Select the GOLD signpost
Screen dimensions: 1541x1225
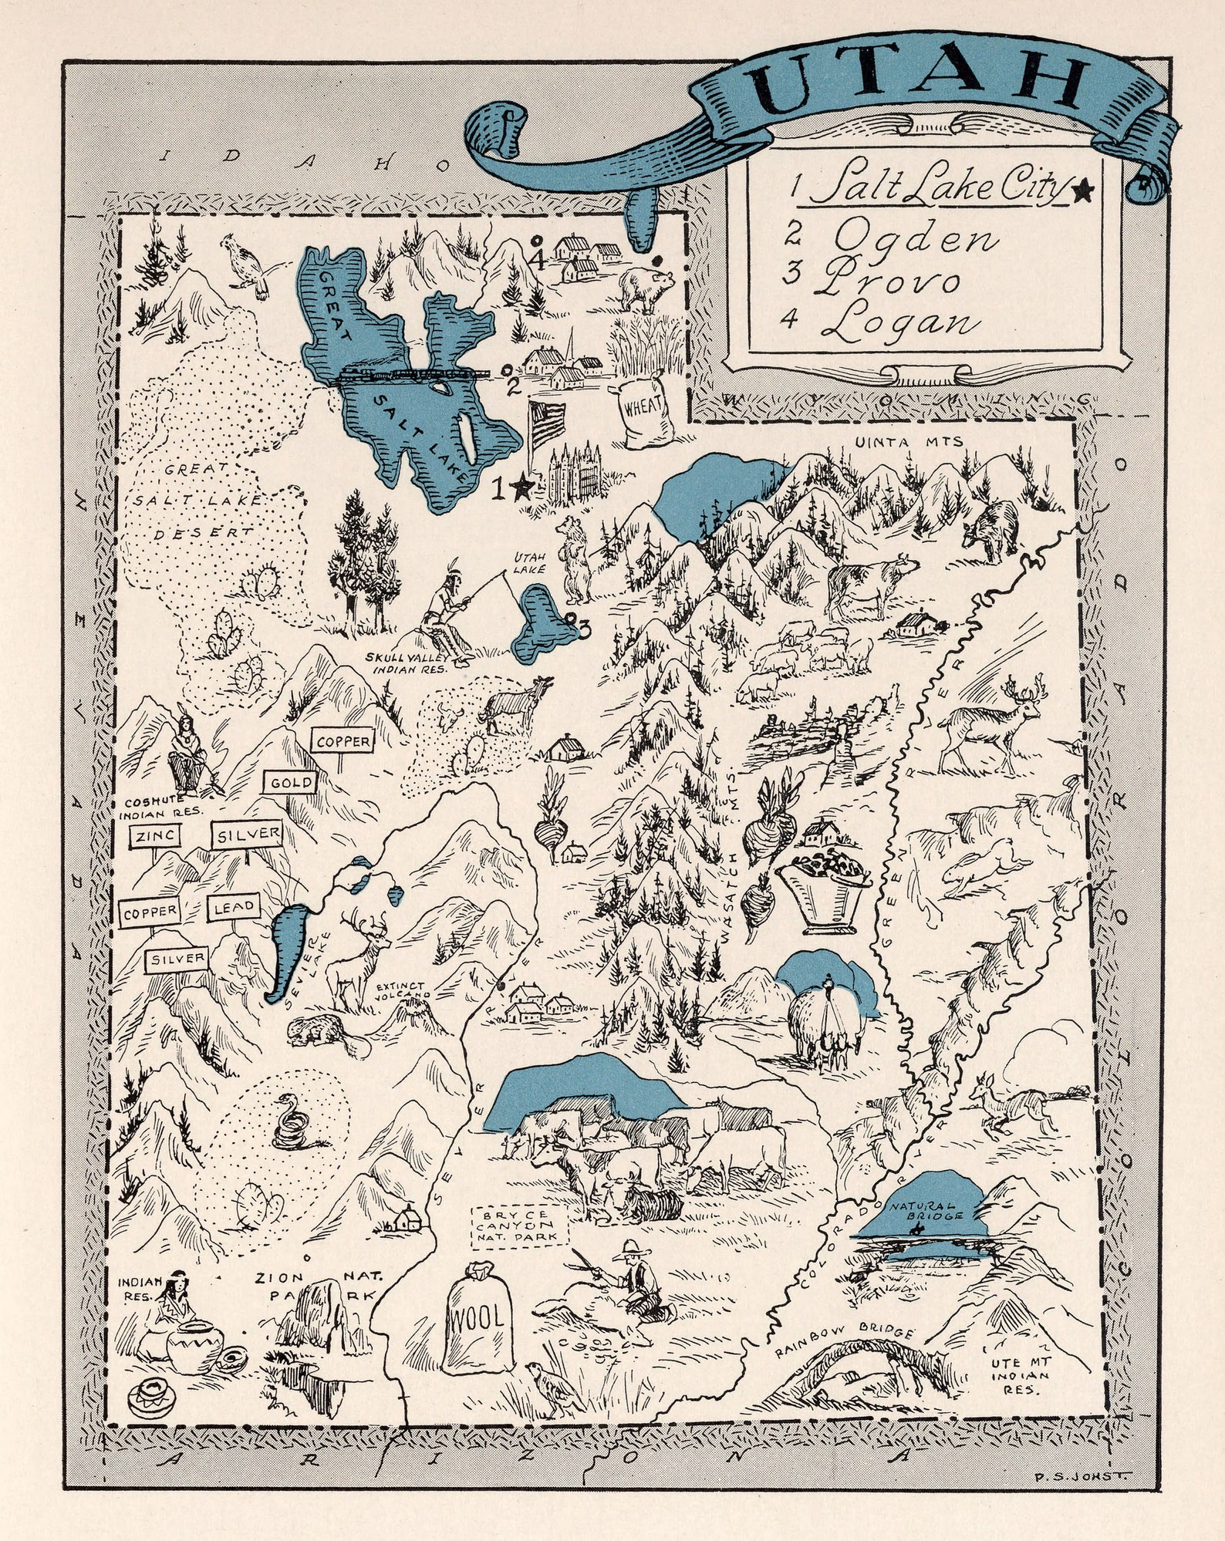(291, 783)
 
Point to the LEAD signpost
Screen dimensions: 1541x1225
(233, 908)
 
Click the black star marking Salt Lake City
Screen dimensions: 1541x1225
(522, 487)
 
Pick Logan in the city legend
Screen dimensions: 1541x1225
(899, 320)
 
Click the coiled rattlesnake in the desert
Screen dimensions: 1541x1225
(289, 1123)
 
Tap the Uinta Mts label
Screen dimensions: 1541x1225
(908, 442)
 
